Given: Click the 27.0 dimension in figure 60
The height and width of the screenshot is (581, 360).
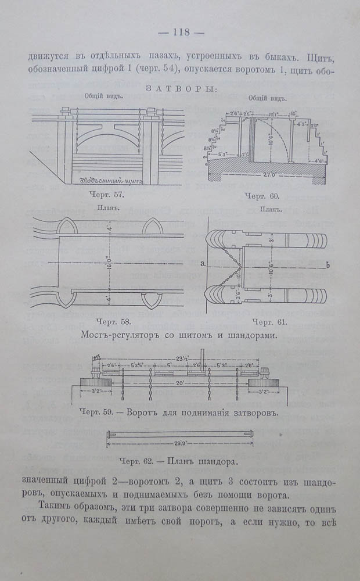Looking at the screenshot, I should [x=269, y=174].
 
